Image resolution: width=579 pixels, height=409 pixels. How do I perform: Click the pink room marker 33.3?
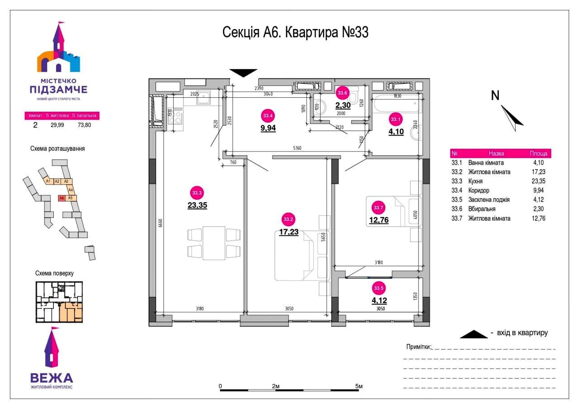197,193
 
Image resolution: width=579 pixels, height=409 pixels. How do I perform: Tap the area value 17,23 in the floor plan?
289,232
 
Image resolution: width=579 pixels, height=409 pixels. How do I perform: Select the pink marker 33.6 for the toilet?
342,93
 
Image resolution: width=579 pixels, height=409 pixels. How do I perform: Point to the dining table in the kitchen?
214,243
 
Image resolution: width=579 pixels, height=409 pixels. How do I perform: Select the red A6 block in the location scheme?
61,198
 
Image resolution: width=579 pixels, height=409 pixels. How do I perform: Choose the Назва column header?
496,153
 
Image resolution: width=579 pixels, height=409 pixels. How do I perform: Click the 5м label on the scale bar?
359,386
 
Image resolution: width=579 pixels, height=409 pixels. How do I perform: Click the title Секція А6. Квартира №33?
295,33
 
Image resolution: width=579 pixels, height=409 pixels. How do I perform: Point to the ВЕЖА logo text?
52,378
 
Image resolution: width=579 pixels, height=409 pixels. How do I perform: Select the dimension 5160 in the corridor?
297,148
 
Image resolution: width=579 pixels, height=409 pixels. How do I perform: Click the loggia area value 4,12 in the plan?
379,300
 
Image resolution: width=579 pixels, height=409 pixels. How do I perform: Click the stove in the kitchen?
177,117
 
